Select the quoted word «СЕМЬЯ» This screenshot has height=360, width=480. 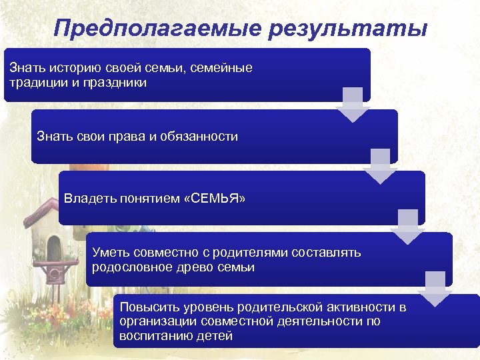(x=217, y=197)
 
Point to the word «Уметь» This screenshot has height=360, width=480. (x=108, y=253)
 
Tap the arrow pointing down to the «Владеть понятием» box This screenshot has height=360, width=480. (x=379, y=166)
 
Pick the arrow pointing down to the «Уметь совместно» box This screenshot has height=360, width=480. (x=407, y=227)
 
